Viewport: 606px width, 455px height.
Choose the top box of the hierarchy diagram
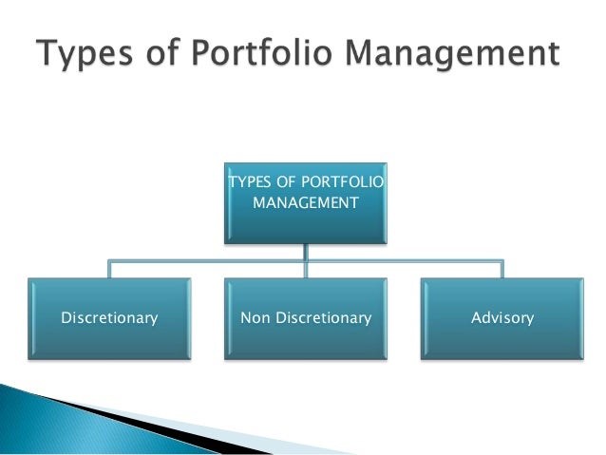click(304, 200)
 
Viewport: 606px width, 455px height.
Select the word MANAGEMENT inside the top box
click(304, 202)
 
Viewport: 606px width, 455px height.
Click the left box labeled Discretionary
click(109, 318)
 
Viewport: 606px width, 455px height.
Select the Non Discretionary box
click(305, 318)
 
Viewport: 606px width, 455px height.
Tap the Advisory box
click(502, 318)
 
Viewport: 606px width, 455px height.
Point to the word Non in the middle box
click(255, 318)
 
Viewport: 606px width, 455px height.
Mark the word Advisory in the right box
click(502, 318)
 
